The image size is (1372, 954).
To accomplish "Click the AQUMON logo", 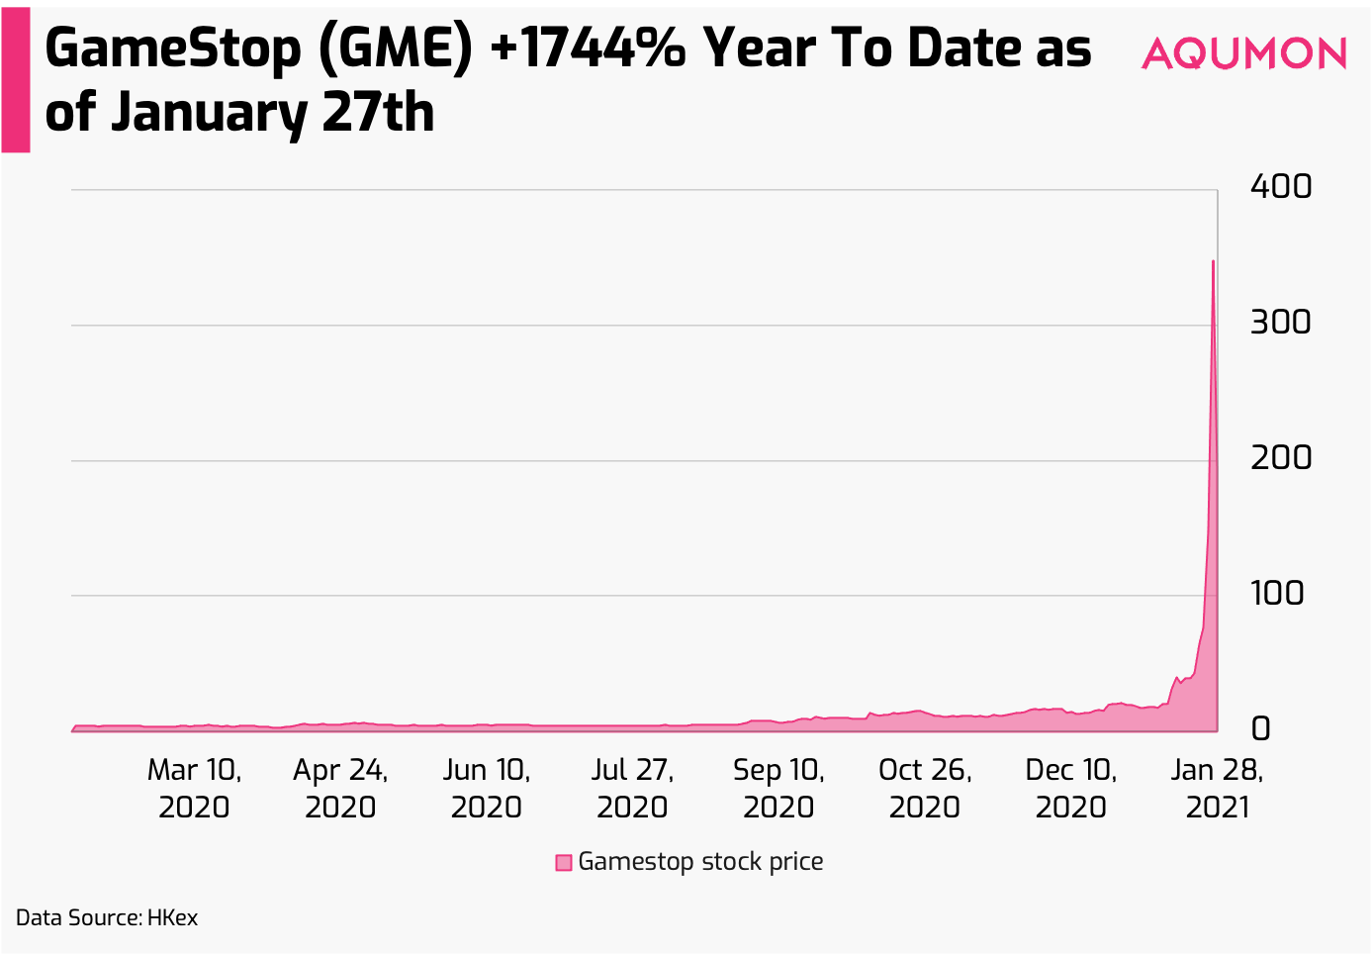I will (1243, 53).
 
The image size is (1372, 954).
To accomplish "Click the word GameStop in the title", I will (172, 49).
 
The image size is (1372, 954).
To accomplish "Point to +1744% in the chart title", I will (587, 49).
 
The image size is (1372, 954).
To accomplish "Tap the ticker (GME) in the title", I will (396, 49).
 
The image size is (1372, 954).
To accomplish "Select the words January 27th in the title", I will (272, 113).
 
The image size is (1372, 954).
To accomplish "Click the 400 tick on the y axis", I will (1280, 186).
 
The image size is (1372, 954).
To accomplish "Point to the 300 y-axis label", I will (1280, 322).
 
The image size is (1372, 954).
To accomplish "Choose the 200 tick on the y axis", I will (1280, 457).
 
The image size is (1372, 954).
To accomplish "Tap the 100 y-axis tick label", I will (1277, 593).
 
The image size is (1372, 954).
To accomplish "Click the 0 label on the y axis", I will (1260, 728).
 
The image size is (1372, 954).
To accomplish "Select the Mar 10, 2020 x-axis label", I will (194, 788).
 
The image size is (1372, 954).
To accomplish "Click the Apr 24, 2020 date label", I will (340, 788).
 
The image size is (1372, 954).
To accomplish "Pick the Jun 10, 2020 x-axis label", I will (486, 788).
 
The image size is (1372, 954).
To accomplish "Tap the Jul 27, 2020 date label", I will (632, 788).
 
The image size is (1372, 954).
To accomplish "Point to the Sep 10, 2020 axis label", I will (778, 788).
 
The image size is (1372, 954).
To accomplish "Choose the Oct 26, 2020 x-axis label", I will (925, 788).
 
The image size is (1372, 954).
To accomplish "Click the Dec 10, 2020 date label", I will (1070, 788).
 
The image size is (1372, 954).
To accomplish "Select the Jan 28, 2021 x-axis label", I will (1217, 788).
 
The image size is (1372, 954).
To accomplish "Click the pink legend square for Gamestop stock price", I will (564, 863).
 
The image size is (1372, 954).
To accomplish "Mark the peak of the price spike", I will (1213, 262).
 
